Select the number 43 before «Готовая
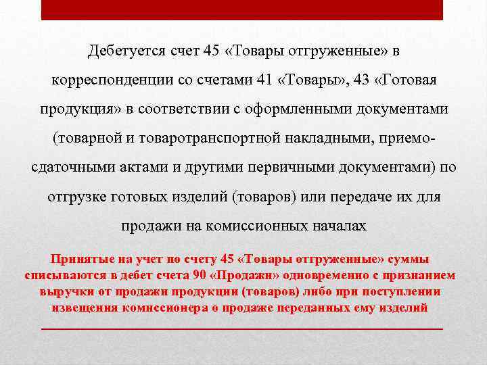coord(363,80)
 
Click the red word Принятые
coord(80,260)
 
